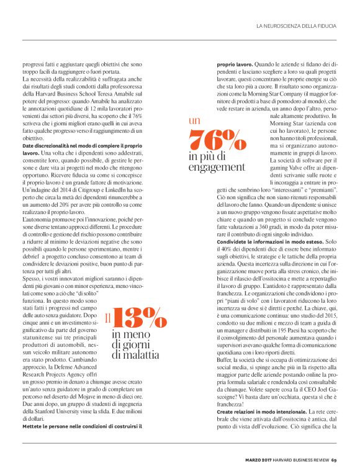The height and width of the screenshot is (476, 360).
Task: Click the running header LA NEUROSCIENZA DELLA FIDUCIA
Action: (x=296, y=26)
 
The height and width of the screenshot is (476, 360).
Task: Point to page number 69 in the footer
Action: (x=334, y=460)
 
